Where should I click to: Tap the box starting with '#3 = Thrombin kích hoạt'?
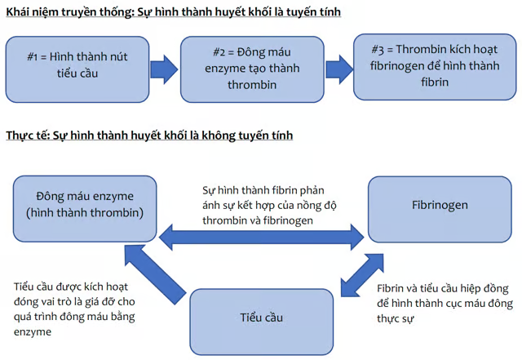[424, 65]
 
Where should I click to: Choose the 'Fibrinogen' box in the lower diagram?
[440, 205]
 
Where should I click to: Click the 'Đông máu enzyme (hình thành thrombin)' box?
[85, 205]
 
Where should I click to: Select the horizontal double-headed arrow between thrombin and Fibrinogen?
[262, 238]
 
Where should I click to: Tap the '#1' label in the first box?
[34, 57]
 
